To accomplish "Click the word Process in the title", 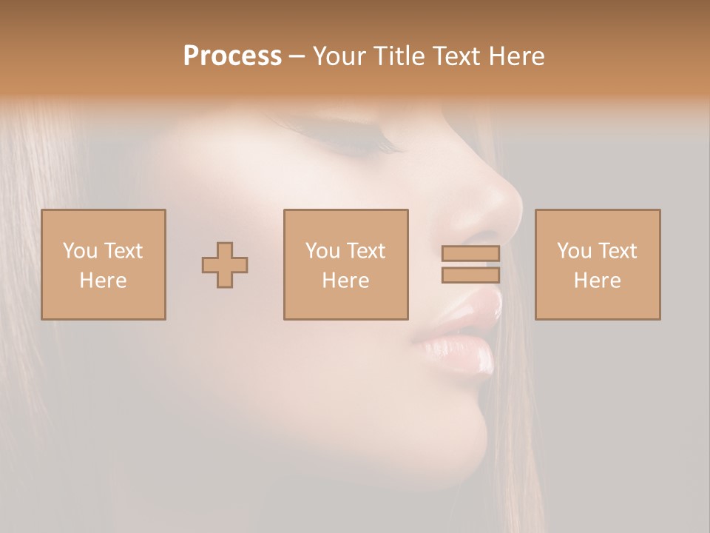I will (232, 56).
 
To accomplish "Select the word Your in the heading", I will (339, 56).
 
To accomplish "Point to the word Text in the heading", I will (453, 56).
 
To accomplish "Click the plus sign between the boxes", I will (225, 264).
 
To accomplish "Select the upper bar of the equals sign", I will (470, 253).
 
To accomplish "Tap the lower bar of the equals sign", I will (470, 275).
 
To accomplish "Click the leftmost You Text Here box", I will (103, 264).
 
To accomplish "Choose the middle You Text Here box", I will (345, 264).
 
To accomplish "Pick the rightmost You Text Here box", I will (597, 264).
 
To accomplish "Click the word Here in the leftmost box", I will (103, 281).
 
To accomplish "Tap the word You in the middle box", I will (322, 251).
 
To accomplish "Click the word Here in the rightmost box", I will (597, 281).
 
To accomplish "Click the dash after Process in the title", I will (297, 57).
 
